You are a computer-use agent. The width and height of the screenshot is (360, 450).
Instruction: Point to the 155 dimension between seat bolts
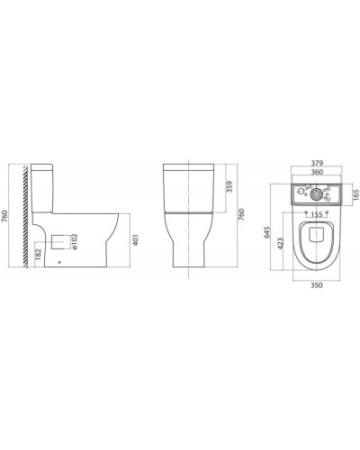click(x=315, y=215)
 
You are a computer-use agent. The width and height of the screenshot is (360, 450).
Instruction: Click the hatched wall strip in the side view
click(x=28, y=215)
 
